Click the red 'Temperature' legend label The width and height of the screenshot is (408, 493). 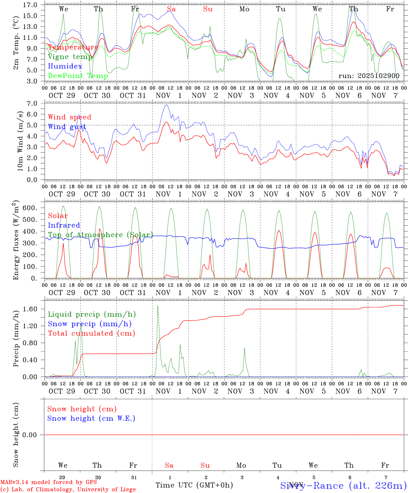[73, 47]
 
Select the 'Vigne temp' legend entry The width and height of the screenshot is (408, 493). [70, 57]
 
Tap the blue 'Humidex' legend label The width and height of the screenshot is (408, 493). [65, 66]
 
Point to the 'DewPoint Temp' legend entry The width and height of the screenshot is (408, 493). [78, 76]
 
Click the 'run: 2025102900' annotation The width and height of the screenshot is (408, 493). [369, 76]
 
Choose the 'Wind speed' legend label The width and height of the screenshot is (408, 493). [70, 117]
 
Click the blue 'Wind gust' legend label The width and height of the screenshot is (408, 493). [67, 127]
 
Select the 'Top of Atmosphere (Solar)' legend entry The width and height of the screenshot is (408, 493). [100, 235]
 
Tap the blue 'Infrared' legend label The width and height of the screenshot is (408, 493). [64, 225]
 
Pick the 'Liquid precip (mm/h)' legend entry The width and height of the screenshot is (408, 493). [92, 314]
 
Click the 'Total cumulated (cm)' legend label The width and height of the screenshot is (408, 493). [92, 333]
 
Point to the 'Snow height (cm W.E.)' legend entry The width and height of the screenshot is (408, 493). [91, 418]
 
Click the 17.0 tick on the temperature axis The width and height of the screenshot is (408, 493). [30, 5]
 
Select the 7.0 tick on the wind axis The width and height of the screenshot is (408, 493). [32, 103]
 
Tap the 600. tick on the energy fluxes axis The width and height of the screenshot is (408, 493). [29, 208]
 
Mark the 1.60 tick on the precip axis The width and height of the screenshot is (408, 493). [30, 309]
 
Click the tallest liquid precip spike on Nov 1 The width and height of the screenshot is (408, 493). [158, 306]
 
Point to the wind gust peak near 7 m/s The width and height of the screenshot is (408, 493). [166, 105]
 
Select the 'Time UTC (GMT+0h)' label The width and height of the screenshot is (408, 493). [194, 485]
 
